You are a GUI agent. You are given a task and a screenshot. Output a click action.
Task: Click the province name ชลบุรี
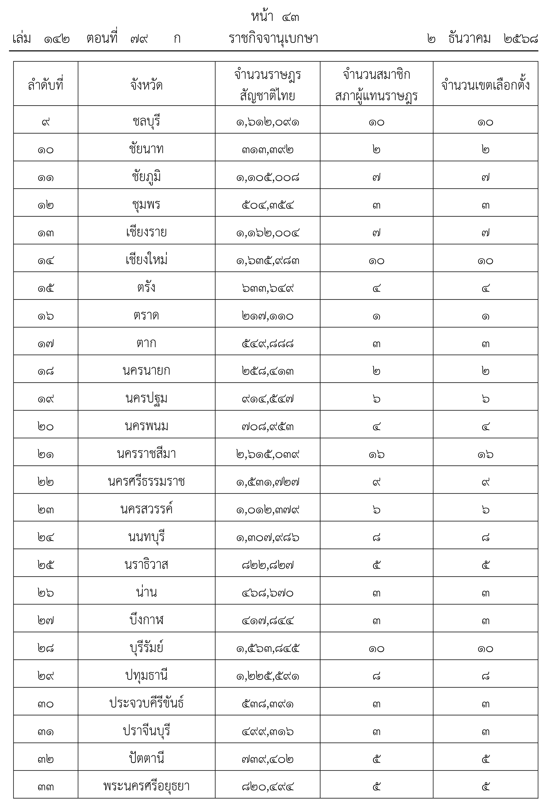(x=146, y=121)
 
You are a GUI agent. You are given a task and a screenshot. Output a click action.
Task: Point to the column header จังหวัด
(x=146, y=85)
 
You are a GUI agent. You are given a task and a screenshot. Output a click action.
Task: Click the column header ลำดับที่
(x=46, y=85)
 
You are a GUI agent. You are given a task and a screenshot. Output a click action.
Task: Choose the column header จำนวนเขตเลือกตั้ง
(x=485, y=85)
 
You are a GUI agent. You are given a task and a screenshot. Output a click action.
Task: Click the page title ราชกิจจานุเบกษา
(x=273, y=39)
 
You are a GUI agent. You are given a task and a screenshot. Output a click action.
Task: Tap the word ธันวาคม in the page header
(x=469, y=39)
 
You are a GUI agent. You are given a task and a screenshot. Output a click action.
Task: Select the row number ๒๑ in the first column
(x=46, y=454)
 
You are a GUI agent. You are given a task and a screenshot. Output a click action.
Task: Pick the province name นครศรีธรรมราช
(x=146, y=482)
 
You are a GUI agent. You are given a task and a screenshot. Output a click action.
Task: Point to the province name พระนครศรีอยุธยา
(x=146, y=787)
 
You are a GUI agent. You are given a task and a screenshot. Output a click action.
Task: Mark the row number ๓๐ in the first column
(x=46, y=704)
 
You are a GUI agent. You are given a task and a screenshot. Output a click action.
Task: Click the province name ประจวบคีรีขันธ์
(x=146, y=703)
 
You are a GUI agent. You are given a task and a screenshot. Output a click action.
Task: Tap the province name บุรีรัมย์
(x=146, y=648)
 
